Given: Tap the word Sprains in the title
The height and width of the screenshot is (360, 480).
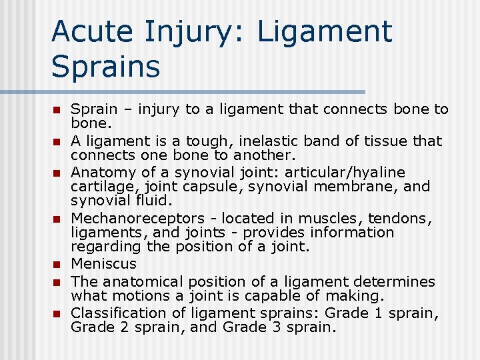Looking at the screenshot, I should tap(105, 67).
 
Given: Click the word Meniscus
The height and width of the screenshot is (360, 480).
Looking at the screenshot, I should tap(103, 263).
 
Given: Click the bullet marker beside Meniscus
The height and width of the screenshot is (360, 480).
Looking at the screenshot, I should tap(57, 264).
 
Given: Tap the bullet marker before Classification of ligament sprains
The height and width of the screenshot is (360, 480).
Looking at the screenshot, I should tap(57, 313).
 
